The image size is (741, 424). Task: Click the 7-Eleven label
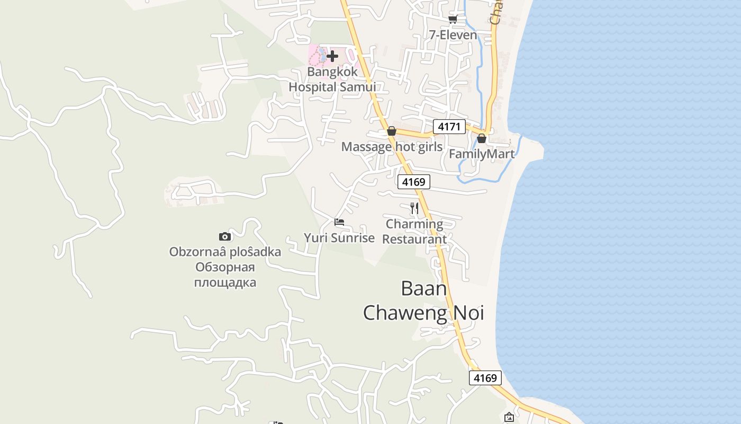[x=453, y=35]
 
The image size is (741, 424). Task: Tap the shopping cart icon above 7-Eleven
[x=453, y=20]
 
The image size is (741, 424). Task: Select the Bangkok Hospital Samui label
[x=332, y=79]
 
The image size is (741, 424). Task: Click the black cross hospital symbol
[x=332, y=56]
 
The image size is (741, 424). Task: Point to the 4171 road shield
[x=449, y=127]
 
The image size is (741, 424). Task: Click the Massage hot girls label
[x=392, y=147]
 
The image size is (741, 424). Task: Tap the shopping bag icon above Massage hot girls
[x=392, y=131]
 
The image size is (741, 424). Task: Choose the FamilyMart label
[x=482, y=154]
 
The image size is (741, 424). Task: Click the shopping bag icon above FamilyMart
[x=482, y=138]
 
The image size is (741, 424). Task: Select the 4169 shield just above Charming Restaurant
[x=413, y=182]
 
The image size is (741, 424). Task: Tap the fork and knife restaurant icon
[x=414, y=208]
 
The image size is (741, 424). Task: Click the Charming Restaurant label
[x=414, y=232]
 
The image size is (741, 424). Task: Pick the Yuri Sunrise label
[x=339, y=238]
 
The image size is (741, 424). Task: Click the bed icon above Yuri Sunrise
[x=339, y=222]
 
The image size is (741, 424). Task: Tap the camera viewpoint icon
[x=225, y=236]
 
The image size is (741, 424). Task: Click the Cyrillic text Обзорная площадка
[x=225, y=275]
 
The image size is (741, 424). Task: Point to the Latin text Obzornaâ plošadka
[x=225, y=252]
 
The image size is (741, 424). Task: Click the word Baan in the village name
[x=423, y=289]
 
